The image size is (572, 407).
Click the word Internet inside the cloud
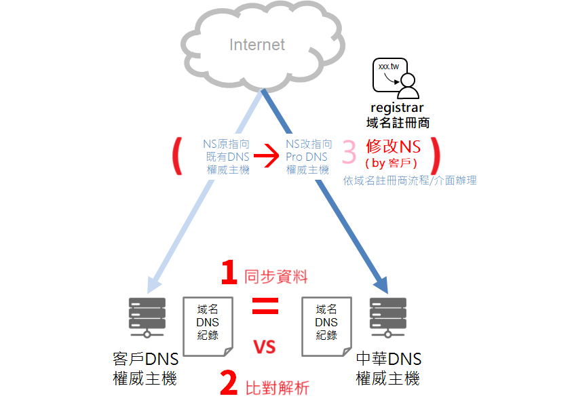coord(257,45)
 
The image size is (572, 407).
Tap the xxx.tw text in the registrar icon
coord(389,66)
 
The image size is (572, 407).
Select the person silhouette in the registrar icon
coord(408,86)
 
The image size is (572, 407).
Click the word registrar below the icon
coord(397,108)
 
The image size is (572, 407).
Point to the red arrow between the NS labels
coord(266,156)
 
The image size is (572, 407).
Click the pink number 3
coord(349,152)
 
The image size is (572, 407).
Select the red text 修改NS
coord(394,147)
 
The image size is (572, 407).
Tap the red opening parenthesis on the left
coord(177,156)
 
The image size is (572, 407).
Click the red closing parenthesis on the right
coord(435,156)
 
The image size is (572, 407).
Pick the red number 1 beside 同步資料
coord(229,272)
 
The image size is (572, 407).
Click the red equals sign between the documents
coord(265,306)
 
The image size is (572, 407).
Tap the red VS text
coord(265,347)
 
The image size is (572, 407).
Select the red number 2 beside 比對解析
coord(229,383)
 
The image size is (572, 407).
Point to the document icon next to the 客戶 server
coord(208,326)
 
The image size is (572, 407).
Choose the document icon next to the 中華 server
coord(327,326)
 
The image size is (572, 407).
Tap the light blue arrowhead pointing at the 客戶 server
coord(153,285)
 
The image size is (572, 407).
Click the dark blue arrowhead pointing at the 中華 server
coord(382,285)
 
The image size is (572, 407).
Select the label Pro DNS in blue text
coord(307,157)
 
